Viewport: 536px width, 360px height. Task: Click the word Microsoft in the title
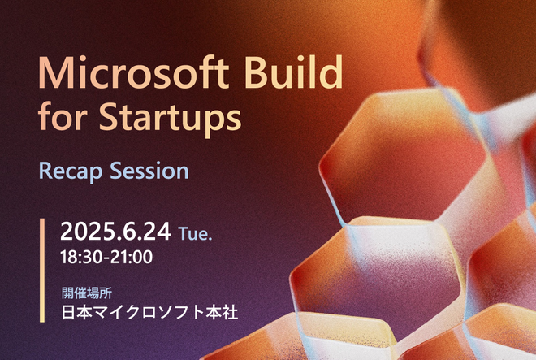click(134, 72)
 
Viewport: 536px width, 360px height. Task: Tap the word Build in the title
click(294, 72)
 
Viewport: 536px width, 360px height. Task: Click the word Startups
click(170, 118)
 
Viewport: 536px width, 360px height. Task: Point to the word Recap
click(71, 172)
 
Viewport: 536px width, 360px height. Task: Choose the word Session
click(149, 171)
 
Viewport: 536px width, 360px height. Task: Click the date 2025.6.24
click(115, 232)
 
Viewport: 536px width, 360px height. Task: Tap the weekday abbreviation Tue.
click(195, 234)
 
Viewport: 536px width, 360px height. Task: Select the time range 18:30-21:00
click(106, 257)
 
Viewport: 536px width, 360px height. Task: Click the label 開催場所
click(87, 293)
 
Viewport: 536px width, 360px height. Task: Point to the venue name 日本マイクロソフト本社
click(149, 312)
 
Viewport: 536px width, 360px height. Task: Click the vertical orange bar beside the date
click(42, 271)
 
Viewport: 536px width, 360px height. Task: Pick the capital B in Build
click(256, 72)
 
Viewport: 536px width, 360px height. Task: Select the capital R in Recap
click(45, 171)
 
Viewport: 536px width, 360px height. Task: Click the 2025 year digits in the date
click(88, 232)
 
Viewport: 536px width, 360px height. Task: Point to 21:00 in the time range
click(132, 257)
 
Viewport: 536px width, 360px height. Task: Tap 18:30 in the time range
click(81, 257)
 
